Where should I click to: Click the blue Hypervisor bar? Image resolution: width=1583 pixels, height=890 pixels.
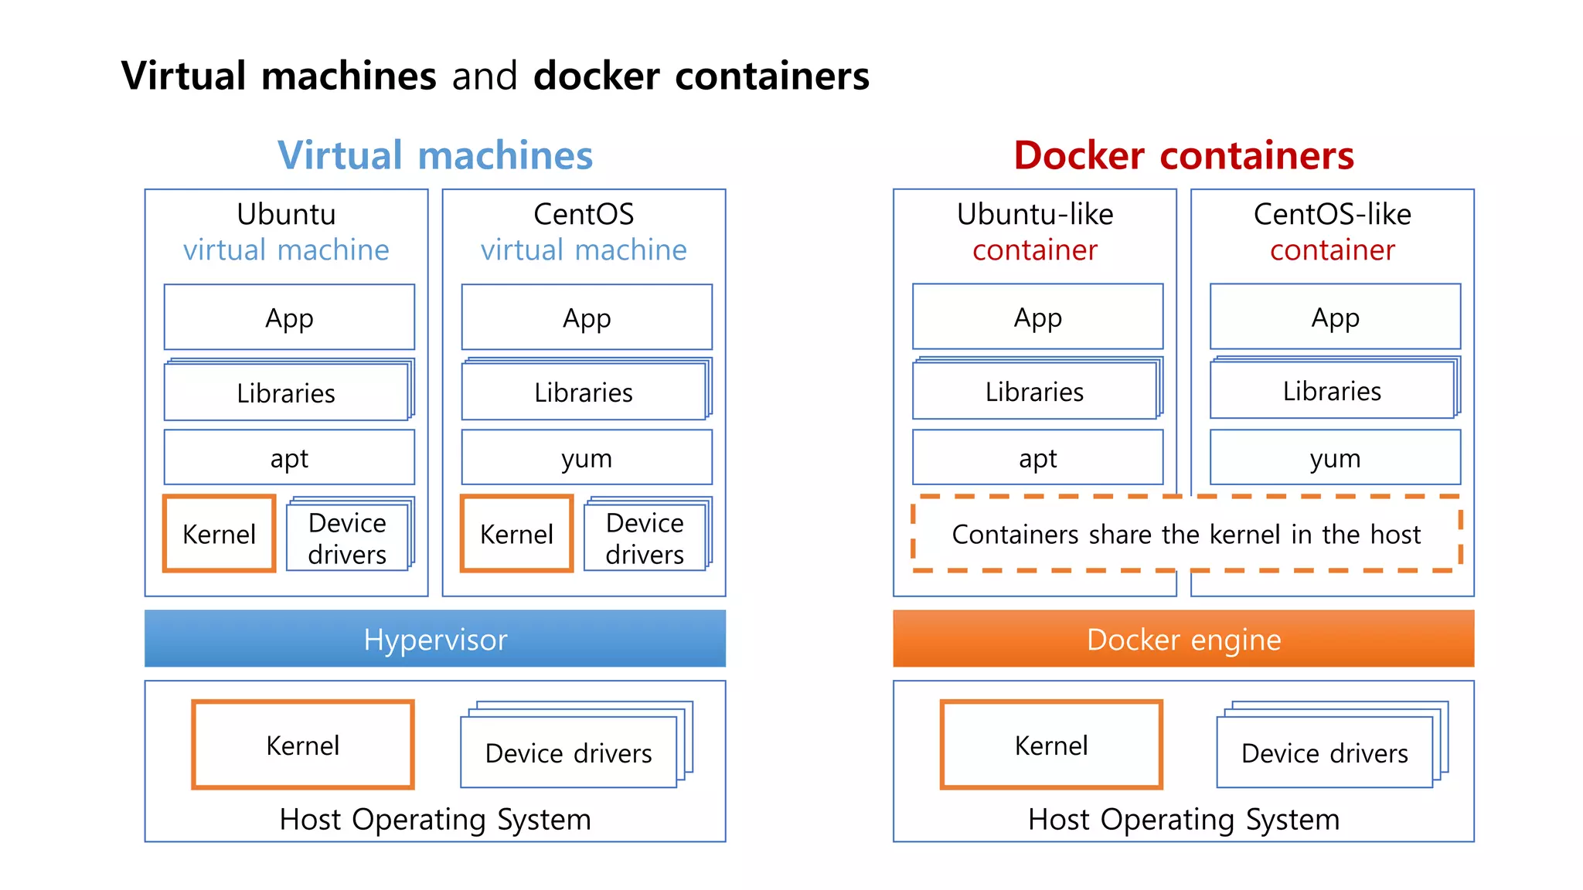point(435,639)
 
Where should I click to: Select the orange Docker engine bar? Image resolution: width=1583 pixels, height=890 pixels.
point(1183,639)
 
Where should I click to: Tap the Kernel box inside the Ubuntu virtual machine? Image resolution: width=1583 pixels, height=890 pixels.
point(220,534)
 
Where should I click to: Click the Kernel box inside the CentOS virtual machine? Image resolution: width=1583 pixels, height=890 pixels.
point(516,534)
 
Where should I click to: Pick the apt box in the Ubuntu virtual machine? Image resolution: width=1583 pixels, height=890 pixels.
point(289,457)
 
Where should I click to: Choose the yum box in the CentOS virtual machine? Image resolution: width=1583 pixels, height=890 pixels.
point(587,457)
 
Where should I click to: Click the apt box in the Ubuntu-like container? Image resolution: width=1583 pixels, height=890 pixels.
point(1037,457)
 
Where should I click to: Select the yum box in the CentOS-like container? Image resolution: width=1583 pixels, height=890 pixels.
point(1335,457)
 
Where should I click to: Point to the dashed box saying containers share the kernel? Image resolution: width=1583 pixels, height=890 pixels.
point(1186,534)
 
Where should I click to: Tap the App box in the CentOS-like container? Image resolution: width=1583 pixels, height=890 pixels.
point(1335,317)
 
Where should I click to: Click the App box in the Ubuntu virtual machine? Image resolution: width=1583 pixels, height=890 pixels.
point(289,318)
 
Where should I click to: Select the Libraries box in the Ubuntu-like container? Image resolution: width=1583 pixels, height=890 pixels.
point(1034,392)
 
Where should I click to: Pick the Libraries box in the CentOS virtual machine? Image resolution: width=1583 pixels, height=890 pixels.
point(584,392)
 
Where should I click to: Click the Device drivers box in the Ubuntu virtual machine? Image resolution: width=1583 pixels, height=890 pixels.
point(347,538)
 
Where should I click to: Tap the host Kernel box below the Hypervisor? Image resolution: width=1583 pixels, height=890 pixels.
point(303,745)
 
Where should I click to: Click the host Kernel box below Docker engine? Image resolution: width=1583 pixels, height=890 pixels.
point(1051,745)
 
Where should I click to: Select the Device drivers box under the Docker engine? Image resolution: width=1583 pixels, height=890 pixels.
point(1325,752)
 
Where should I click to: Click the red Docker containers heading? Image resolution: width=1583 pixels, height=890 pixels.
point(1183,155)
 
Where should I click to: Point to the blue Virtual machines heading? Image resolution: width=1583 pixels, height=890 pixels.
point(435,155)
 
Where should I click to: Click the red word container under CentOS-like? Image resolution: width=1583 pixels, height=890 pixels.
point(1333,250)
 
